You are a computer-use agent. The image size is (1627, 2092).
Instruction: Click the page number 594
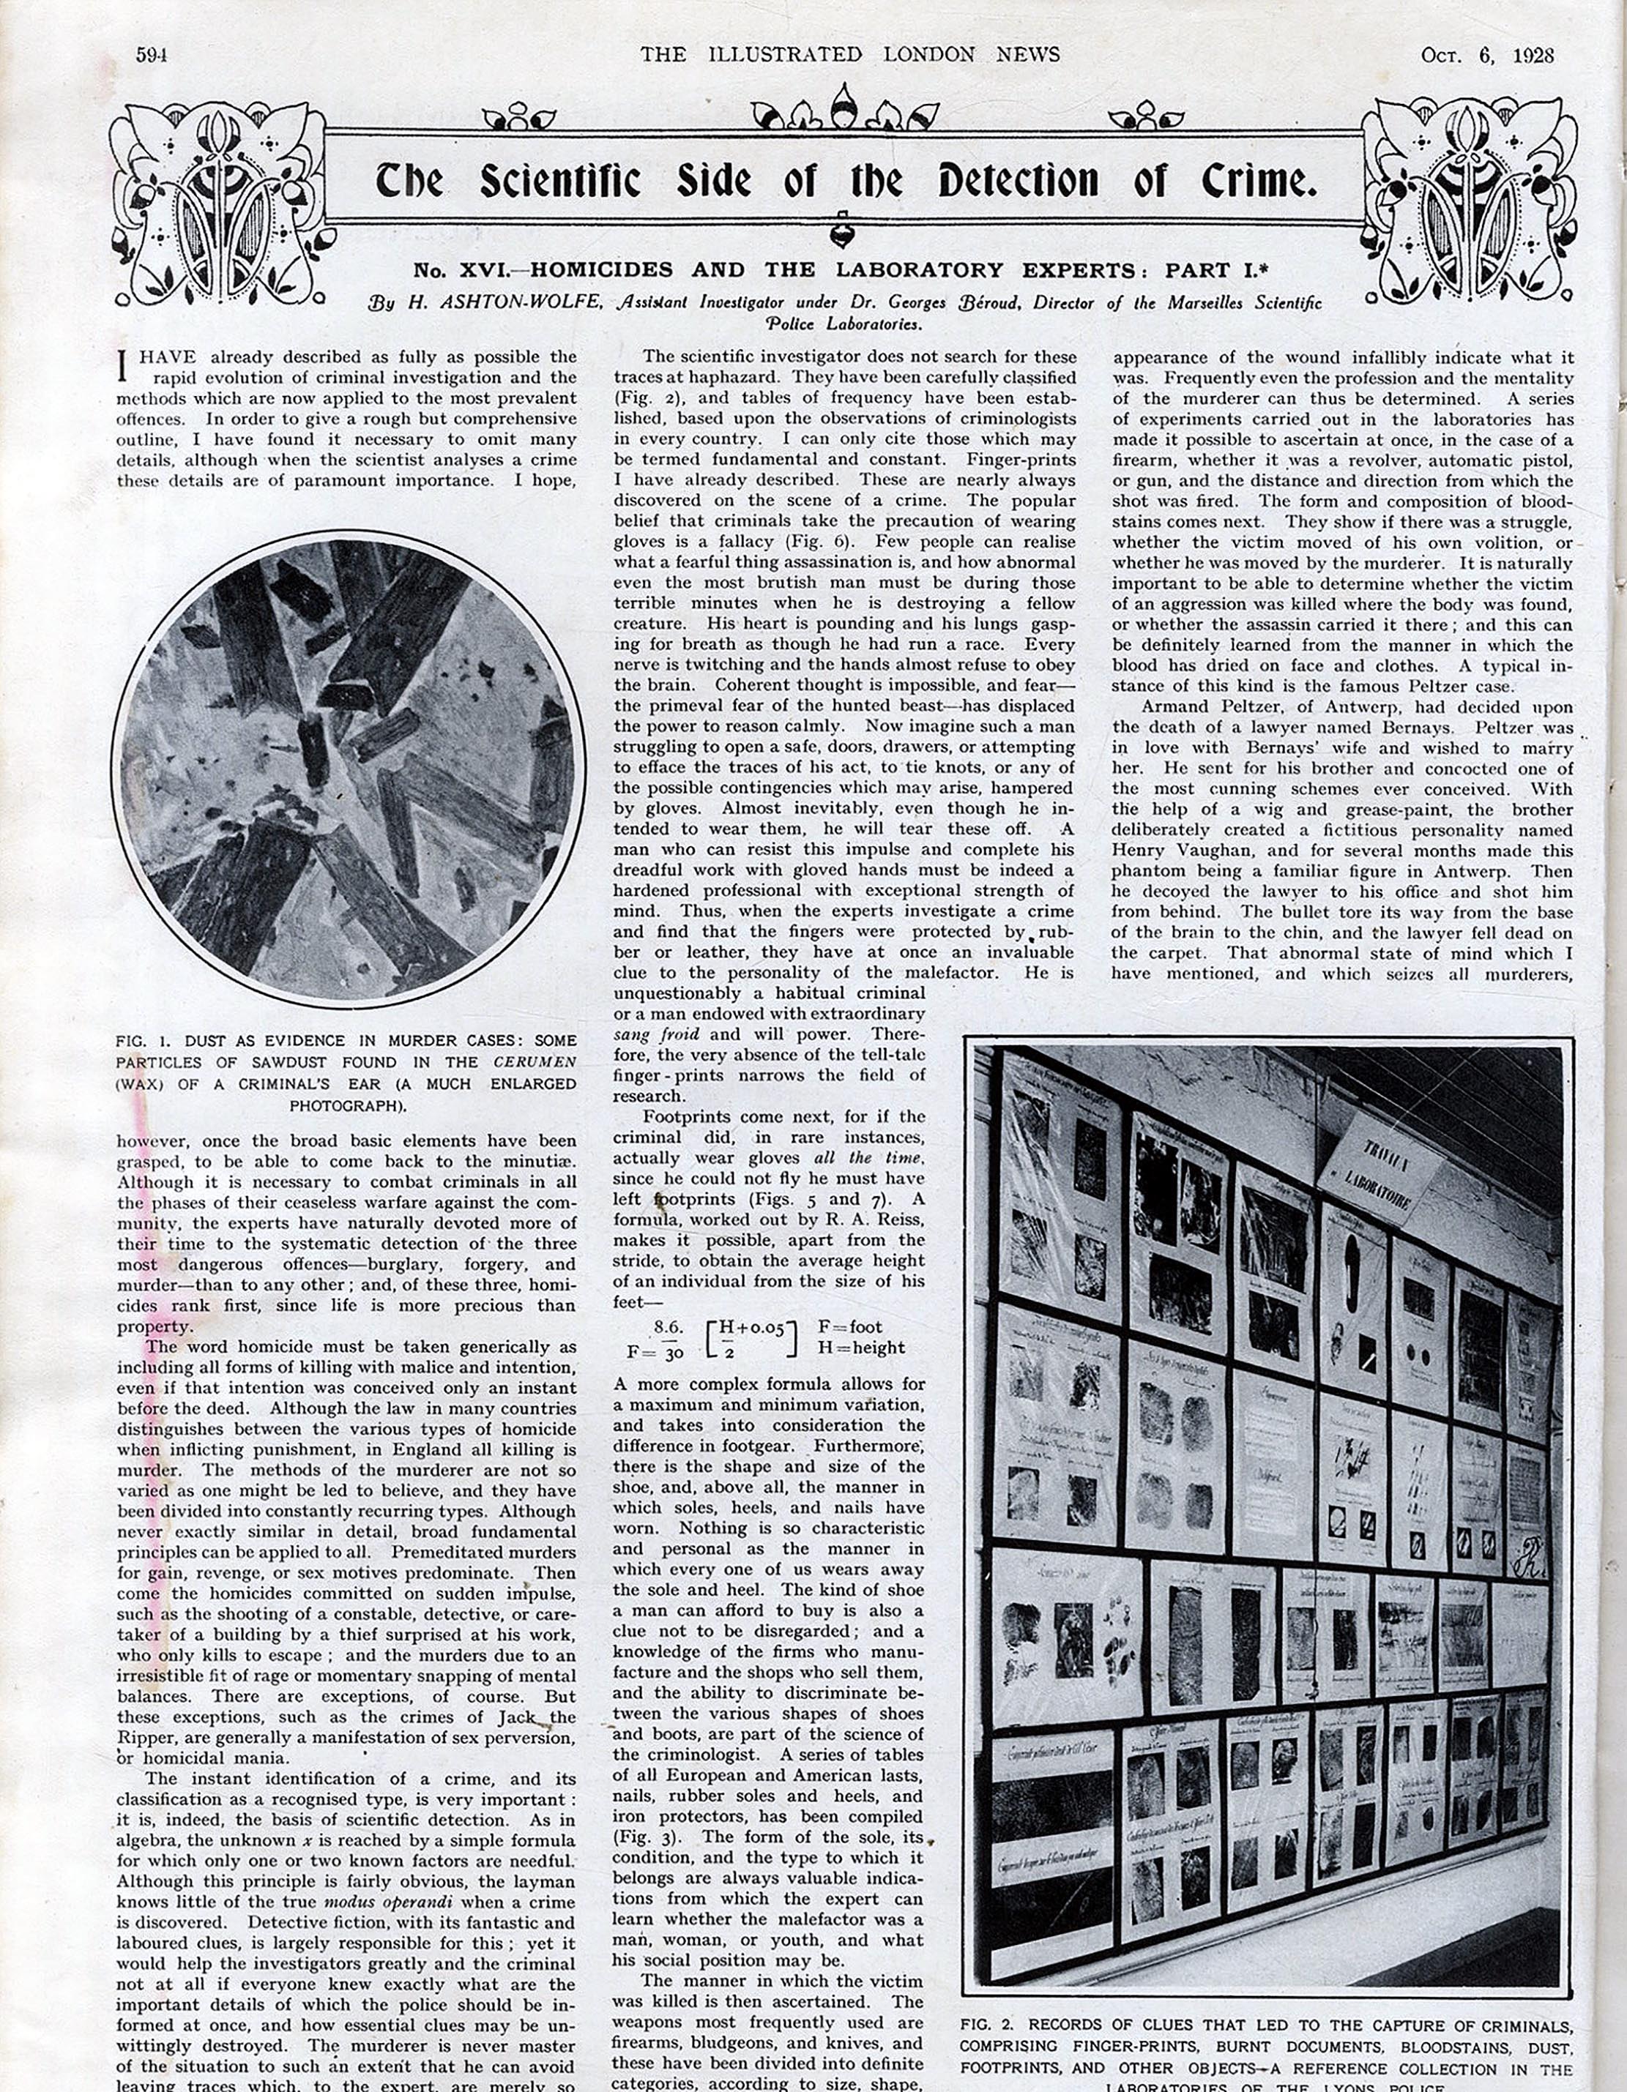coord(152,55)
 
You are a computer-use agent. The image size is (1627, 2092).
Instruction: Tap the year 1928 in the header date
coord(1533,55)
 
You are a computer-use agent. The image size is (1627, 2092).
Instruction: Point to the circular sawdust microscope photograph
coord(347,769)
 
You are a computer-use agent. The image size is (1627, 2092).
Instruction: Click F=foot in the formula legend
coord(850,1328)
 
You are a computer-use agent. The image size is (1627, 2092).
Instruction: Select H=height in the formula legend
coord(861,1348)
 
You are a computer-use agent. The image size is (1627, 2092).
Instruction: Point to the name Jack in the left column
coord(518,1717)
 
